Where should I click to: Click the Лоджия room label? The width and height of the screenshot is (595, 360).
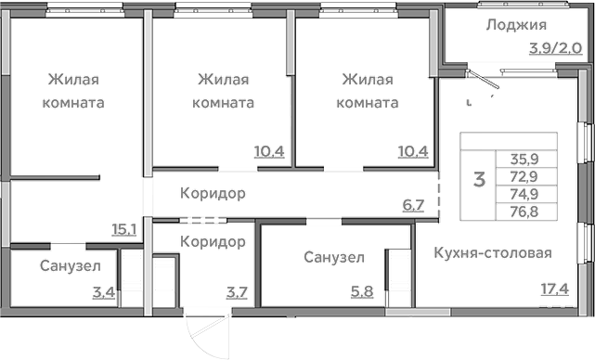[515, 25]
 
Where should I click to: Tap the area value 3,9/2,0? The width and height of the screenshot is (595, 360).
[555, 49]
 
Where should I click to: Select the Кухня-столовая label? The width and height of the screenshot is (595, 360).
[493, 253]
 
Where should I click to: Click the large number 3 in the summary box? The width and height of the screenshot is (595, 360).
[479, 179]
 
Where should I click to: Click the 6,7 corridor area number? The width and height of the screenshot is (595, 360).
[413, 204]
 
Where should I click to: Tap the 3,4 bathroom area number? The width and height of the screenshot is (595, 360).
[104, 293]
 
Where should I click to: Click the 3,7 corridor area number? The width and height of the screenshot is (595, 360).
[238, 293]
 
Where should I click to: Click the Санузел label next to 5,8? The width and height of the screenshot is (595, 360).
[333, 257]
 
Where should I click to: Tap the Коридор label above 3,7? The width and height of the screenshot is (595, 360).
[213, 241]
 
